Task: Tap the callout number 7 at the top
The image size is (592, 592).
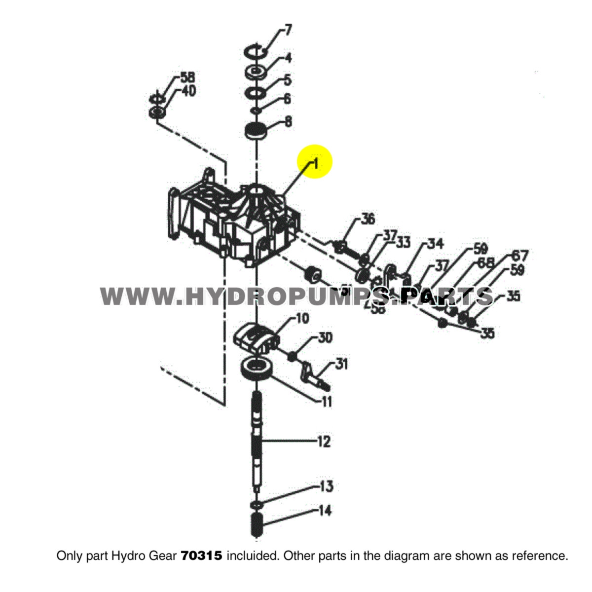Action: click(x=288, y=30)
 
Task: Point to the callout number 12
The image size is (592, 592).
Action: click(x=323, y=441)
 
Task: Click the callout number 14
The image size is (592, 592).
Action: click(x=324, y=511)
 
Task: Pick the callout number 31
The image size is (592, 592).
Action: click(x=341, y=364)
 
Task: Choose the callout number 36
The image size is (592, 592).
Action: click(x=368, y=219)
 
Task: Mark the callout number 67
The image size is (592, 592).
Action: click(x=519, y=256)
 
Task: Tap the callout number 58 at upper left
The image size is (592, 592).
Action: click(x=187, y=77)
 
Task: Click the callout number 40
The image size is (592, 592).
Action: click(x=188, y=91)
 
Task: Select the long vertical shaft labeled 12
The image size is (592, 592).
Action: click(x=257, y=439)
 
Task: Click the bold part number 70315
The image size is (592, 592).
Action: click(x=202, y=556)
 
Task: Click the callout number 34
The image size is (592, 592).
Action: click(x=435, y=243)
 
